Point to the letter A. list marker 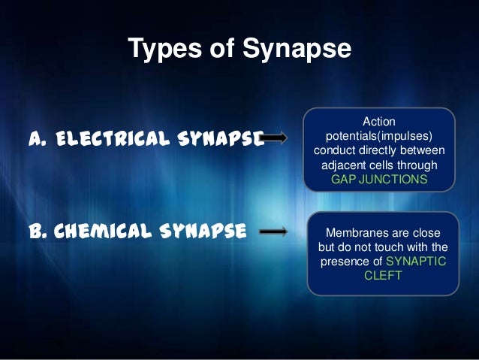pos(38,138)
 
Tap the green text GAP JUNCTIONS pos(379,180)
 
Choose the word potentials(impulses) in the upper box pos(379,137)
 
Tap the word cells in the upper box pos(389,165)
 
